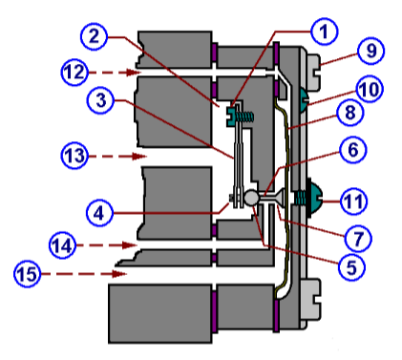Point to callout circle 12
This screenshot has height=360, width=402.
coord(49,71)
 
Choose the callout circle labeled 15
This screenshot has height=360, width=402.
coord(29,274)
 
